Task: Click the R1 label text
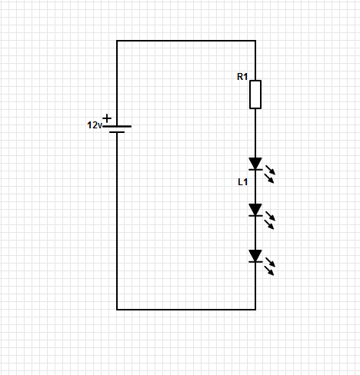(x=242, y=77)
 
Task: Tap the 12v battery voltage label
(x=95, y=125)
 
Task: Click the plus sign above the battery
(x=107, y=118)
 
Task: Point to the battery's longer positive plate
(x=117, y=126)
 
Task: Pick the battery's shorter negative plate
(x=117, y=132)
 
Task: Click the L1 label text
(x=242, y=182)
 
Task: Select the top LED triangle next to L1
(x=255, y=164)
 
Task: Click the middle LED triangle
(x=255, y=210)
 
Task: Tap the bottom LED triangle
(x=255, y=256)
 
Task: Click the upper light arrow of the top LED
(x=270, y=170)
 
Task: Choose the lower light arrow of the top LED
(x=269, y=178)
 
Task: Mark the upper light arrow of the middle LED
(x=270, y=216)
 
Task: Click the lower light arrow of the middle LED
(x=269, y=224)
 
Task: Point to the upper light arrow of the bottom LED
(x=270, y=262)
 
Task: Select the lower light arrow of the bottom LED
(x=269, y=270)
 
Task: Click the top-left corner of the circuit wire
(x=117, y=41)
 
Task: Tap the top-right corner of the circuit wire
(x=255, y=41)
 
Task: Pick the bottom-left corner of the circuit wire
(x=117, y=310)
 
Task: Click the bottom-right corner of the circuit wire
(x=255, y=310)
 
